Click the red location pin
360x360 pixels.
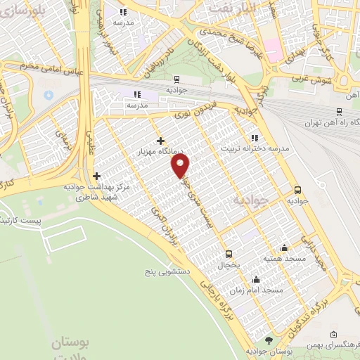[x=181, y=166]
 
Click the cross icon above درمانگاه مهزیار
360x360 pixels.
[x=161, y=141]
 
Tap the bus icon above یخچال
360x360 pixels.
[x=228, y=254]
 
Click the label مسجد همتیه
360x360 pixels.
[x=284, y=258]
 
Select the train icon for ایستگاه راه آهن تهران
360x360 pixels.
[x=340, y=111]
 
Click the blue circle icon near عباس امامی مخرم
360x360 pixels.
[x=49, y=94]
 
